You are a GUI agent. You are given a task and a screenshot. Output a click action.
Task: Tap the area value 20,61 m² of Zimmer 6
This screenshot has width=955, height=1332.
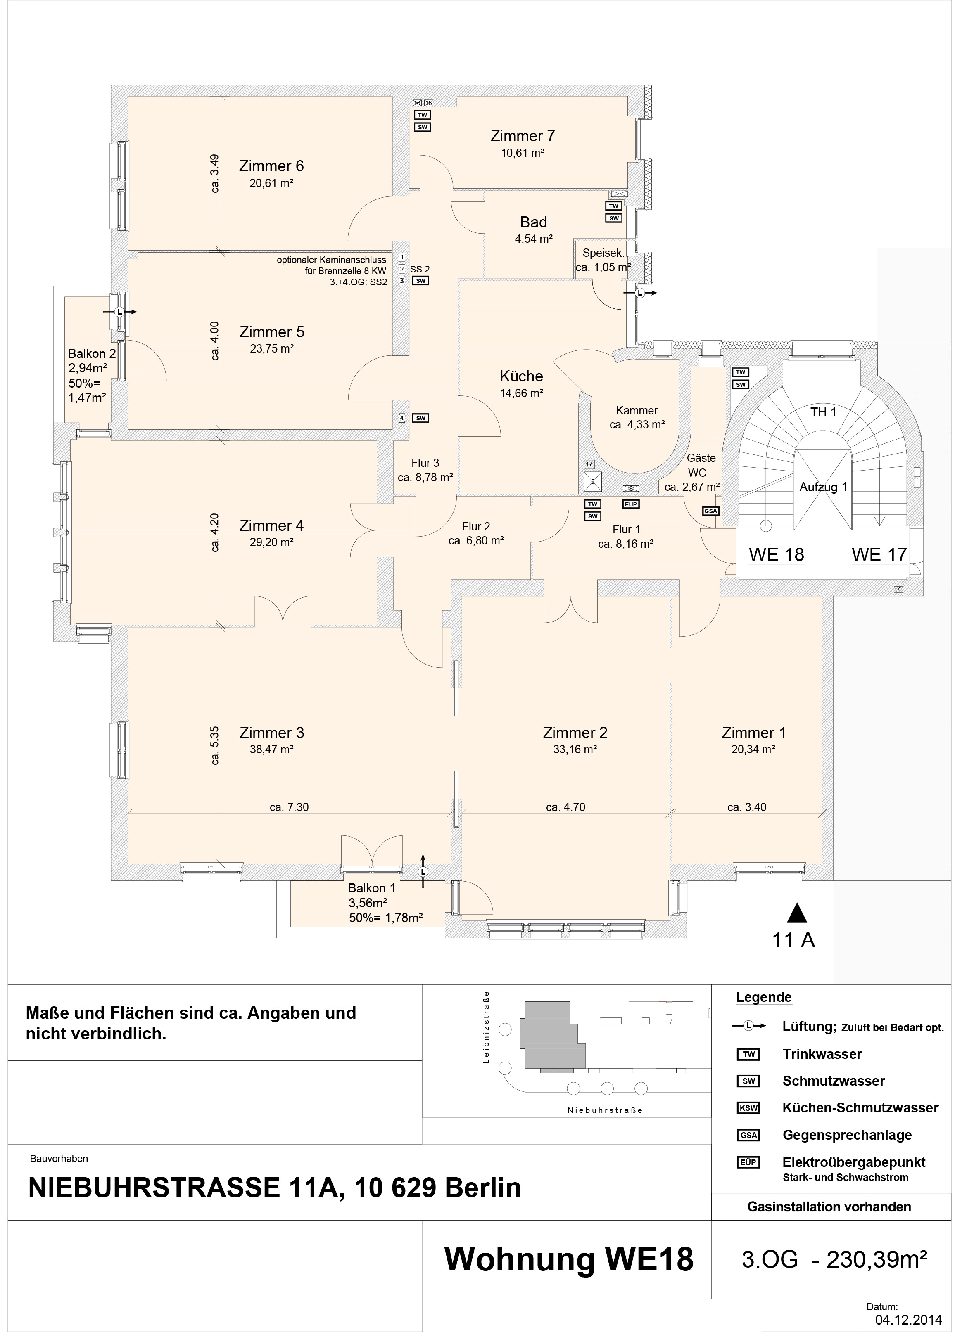[x=271, y=183]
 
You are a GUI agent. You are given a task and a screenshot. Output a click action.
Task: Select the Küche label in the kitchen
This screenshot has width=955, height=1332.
[x=521, y=376]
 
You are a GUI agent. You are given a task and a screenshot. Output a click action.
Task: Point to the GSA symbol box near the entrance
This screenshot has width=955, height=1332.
[x=710, y=511]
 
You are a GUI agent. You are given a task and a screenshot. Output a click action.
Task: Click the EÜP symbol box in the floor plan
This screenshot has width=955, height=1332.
[x=631, y=504]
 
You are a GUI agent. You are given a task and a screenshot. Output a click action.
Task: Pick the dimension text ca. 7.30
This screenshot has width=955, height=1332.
[x=289, y=807]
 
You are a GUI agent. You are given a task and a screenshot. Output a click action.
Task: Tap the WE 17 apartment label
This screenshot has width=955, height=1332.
[x=879, y=554]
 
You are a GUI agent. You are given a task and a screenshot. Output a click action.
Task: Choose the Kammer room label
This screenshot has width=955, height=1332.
[x=637, y=411]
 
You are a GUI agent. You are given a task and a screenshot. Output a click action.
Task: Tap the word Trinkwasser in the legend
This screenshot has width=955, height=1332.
[x=822, y=1054]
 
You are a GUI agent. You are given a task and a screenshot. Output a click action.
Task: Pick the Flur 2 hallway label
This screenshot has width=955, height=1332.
[x=475, y=526]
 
